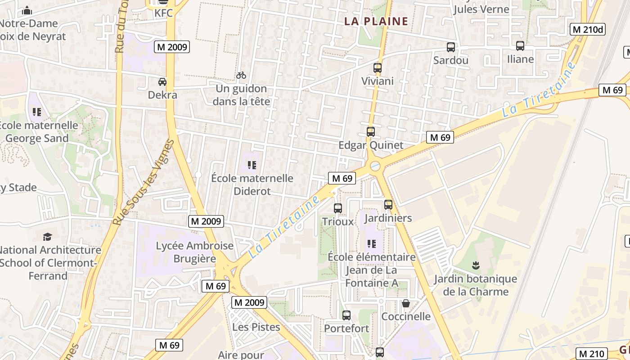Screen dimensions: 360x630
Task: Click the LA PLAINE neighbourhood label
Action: point(376,21)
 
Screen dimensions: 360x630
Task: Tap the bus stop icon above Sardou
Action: point(450,47)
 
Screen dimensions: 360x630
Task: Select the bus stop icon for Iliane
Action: point(520,46)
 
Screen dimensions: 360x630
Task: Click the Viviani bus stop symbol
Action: point(378,68)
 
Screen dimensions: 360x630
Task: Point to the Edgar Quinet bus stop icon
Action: point(371,132)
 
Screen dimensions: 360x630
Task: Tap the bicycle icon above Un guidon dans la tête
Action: point(241,75)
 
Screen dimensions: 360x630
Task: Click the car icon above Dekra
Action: point(162,82)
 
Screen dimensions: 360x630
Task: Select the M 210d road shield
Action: point(588,30)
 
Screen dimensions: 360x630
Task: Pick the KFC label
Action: point(163,13)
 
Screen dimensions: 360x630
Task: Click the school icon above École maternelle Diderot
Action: point(252,165)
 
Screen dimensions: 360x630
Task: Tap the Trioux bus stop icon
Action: point(338,208)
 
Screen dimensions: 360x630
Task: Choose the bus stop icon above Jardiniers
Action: point(388,205)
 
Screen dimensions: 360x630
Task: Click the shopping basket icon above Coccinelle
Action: point(406,303)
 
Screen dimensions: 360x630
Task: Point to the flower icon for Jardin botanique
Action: point(476,265)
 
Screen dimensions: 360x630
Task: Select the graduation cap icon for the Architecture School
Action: point(47,237)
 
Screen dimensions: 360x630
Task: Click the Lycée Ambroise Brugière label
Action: point(195,252)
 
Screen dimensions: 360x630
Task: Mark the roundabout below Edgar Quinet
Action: point(375,167)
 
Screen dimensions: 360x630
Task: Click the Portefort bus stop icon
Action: point(346,315)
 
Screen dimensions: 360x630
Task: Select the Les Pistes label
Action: point(256,327)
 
